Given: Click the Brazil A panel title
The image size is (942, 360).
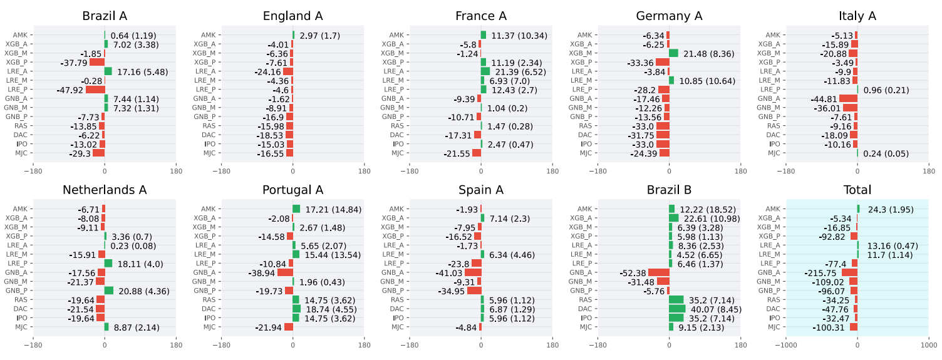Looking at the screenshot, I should (105, 16).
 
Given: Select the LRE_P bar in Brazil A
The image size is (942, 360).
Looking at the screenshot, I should (95, 90).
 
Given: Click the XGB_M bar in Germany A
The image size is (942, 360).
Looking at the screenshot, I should (673, 53).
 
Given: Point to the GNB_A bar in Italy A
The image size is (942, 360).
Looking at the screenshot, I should (848, 98).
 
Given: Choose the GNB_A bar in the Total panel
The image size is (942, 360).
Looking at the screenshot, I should (849, 272).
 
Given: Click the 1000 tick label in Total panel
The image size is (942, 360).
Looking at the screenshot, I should (928, 344).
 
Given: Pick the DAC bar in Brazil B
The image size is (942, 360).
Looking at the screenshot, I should (677, 309).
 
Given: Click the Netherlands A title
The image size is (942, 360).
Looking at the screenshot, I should (105, 190).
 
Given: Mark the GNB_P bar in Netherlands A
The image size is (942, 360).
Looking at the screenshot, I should (109, 291).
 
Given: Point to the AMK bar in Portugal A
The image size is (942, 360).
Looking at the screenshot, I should (296, 208).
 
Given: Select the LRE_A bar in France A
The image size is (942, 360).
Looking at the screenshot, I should (485, 71).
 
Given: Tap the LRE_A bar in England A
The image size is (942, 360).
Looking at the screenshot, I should (288, 71).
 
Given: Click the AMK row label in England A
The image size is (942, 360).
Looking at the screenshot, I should (209, 35).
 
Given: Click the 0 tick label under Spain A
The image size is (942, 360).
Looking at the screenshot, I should (481, 344).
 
